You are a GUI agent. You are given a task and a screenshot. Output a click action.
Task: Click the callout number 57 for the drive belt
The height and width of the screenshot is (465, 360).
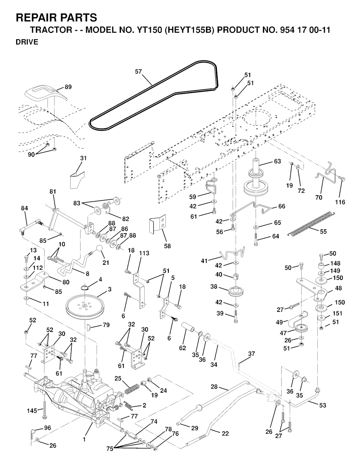click(139, 72)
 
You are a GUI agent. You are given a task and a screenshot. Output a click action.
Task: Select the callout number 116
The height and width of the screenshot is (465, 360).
click(340, 202)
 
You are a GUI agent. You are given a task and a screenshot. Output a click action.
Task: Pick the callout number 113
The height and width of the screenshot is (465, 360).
click(144, 253)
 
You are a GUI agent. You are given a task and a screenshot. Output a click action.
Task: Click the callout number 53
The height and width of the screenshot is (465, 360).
click(322, 405)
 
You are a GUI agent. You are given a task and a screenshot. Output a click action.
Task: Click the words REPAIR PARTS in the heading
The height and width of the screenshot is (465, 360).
click(56, 18)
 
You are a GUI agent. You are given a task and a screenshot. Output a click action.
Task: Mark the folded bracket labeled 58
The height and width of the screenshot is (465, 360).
click(156, 225)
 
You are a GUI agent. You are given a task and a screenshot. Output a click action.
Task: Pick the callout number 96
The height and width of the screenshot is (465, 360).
click(47, 428)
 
